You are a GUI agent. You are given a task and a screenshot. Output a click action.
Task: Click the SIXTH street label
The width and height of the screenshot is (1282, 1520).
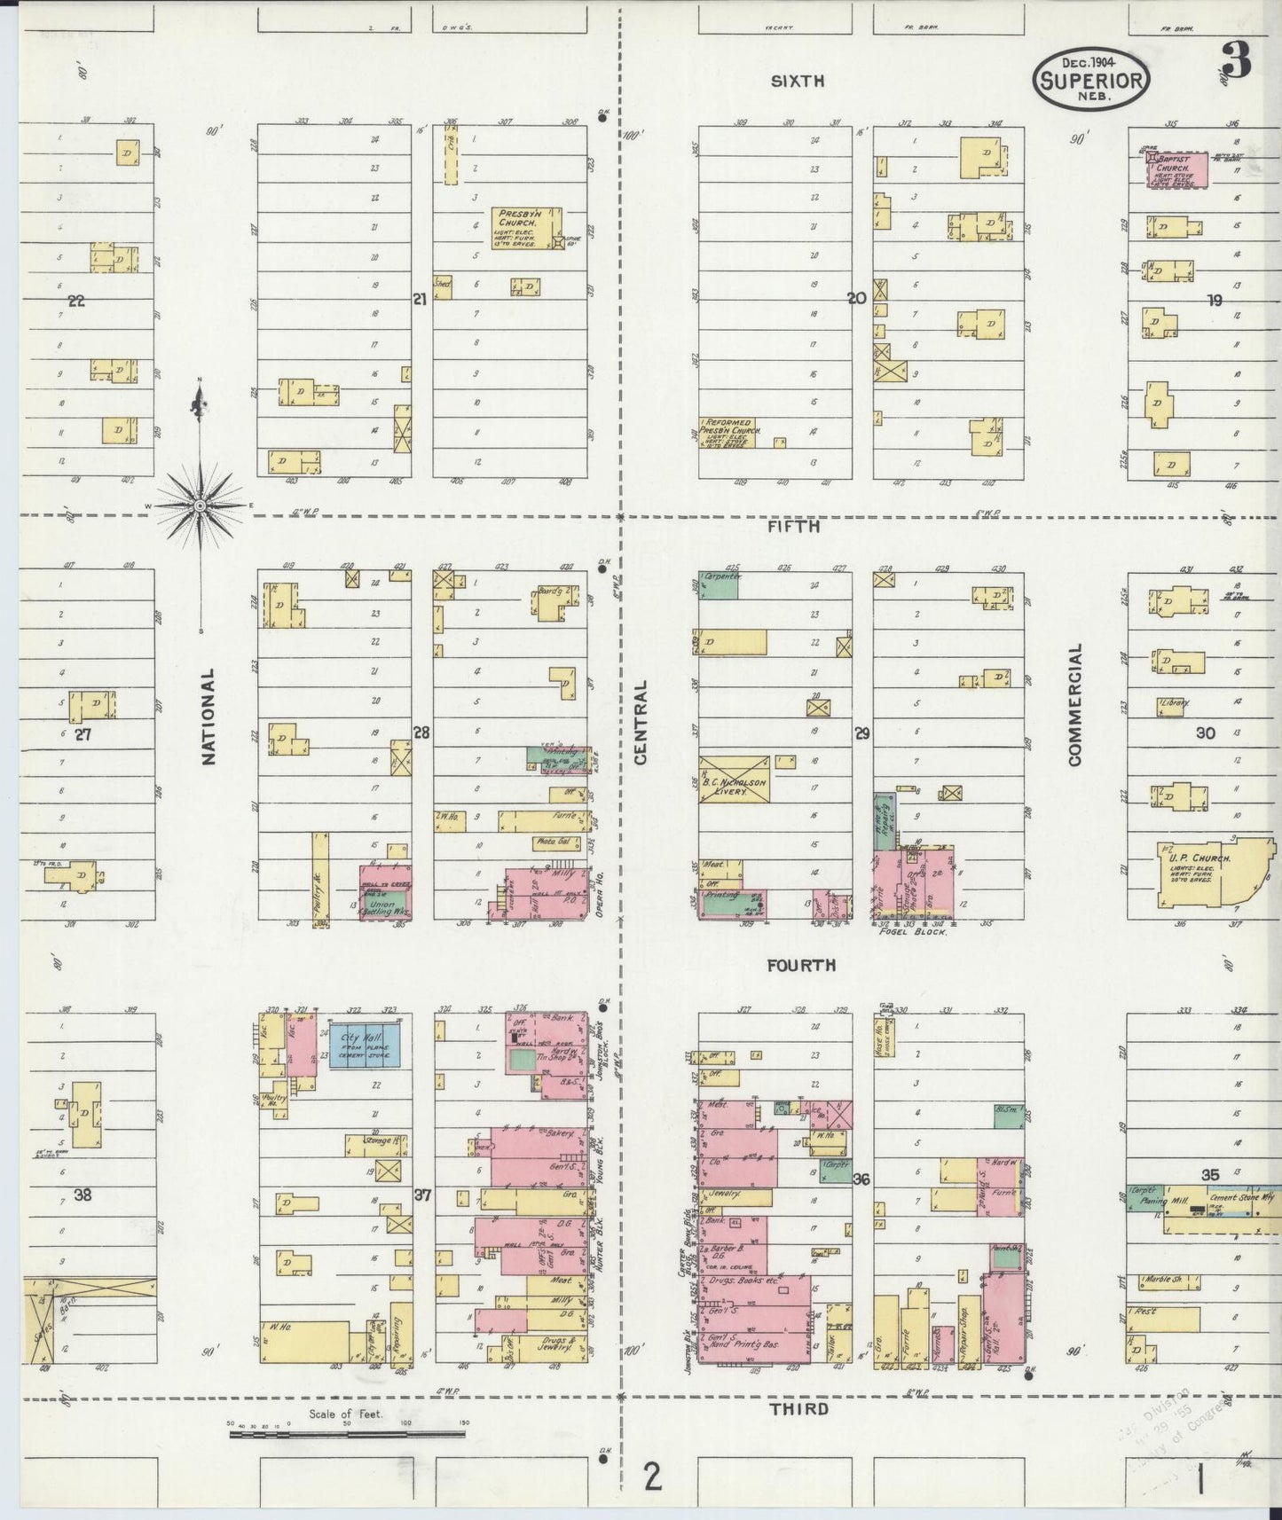click(x=797, y=82)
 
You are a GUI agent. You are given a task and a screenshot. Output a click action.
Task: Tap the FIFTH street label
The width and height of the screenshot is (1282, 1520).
click(x=795, y=526)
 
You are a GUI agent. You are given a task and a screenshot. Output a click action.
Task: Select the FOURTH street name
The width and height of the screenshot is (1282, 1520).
click(x=801, y=965)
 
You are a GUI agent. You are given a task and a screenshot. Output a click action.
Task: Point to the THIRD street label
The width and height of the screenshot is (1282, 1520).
click(x=798, y=1408)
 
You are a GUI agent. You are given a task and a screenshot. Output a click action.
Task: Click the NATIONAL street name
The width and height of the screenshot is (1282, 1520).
click(x=209, y=717)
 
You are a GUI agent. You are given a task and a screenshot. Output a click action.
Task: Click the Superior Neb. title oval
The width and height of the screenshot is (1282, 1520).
click(x=1090, y=78)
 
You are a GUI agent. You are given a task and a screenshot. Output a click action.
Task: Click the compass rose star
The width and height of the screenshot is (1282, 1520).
click(x=201, y=505)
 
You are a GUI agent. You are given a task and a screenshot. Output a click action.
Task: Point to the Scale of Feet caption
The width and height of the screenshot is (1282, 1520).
click(x=346, y=1414)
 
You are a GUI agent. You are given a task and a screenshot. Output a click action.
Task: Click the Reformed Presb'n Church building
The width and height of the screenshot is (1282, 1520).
click(x=727, y=432)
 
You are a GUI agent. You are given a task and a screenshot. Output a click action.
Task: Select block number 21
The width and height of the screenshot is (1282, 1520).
click(x=419, y=300)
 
